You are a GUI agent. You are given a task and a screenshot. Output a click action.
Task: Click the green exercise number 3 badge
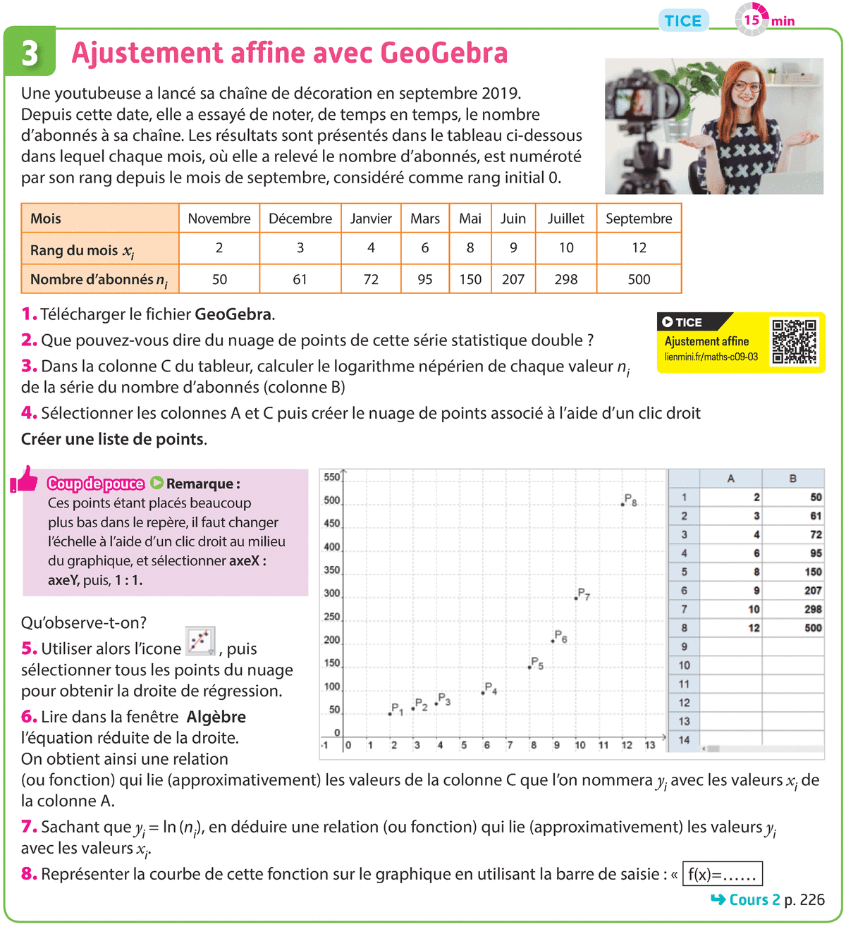30,52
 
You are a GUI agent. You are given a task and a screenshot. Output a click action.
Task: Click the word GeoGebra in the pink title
443,53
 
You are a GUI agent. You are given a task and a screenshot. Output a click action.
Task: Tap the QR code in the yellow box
794,341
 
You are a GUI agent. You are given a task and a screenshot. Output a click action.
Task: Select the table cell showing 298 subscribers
566,279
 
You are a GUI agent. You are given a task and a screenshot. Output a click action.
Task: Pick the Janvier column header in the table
371,219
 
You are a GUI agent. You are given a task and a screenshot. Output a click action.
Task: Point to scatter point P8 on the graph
623,505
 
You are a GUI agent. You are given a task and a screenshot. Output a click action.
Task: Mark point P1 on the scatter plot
390,714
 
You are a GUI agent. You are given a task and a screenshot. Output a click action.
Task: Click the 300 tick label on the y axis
332,593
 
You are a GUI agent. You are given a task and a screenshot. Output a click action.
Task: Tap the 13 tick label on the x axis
649,745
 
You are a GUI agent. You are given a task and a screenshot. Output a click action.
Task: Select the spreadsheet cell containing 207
813,591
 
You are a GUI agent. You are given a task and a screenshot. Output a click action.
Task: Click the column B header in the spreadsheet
792,479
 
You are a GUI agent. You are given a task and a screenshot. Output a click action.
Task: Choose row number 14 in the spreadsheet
684,739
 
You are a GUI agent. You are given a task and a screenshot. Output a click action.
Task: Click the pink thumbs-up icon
25,480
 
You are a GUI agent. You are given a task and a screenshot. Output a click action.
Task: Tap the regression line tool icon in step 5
200,641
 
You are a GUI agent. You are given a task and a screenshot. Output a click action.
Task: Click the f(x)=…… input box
722,875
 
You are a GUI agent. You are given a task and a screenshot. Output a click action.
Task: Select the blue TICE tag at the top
683,21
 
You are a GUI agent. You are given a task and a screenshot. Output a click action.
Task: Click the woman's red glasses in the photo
747,87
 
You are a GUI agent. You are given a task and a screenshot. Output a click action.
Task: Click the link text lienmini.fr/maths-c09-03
711,357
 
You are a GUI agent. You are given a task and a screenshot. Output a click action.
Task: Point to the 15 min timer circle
752,20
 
